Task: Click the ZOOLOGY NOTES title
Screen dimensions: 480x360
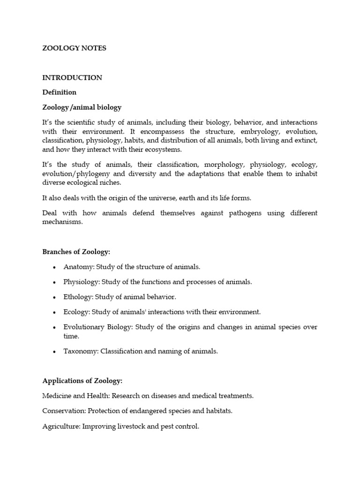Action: [75, 48]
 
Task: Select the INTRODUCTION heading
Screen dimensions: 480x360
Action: [72, 78]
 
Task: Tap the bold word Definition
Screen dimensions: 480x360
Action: [60, 92]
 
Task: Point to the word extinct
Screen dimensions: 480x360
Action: [306, 140]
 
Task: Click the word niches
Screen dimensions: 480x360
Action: [112, 183]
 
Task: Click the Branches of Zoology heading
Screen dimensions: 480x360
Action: [76, 252]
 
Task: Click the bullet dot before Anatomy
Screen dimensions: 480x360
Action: [54, 267]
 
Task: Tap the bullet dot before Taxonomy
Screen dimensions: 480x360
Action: [54, 352]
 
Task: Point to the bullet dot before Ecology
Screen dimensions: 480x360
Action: [54, 312]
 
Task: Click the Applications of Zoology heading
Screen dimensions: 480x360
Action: [82, 381]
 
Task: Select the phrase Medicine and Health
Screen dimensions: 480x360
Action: [76, 396]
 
